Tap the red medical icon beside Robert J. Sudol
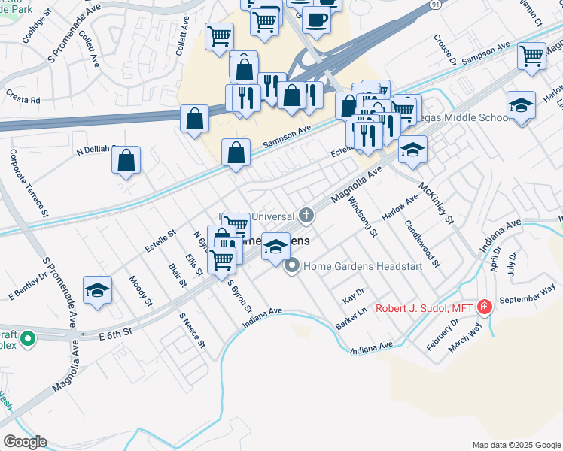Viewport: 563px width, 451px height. (485, 307)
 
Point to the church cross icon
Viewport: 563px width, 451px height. (306, 216)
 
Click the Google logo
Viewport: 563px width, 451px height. (25, 442)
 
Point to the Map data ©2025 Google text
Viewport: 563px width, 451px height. (516, 444)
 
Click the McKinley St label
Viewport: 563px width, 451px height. (437, 204)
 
